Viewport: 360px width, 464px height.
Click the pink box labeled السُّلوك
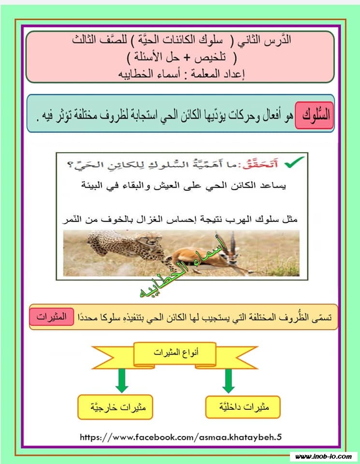(x=314, y=116)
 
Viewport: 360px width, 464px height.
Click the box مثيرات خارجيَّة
(x=115, y=407)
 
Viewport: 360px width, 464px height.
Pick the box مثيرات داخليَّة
(x=243, y=407)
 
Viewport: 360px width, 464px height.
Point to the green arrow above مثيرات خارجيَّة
(x=122, y=382)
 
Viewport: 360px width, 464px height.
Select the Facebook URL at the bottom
(x=180, y=437)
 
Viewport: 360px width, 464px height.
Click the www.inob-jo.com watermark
(x=323, y=456)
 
